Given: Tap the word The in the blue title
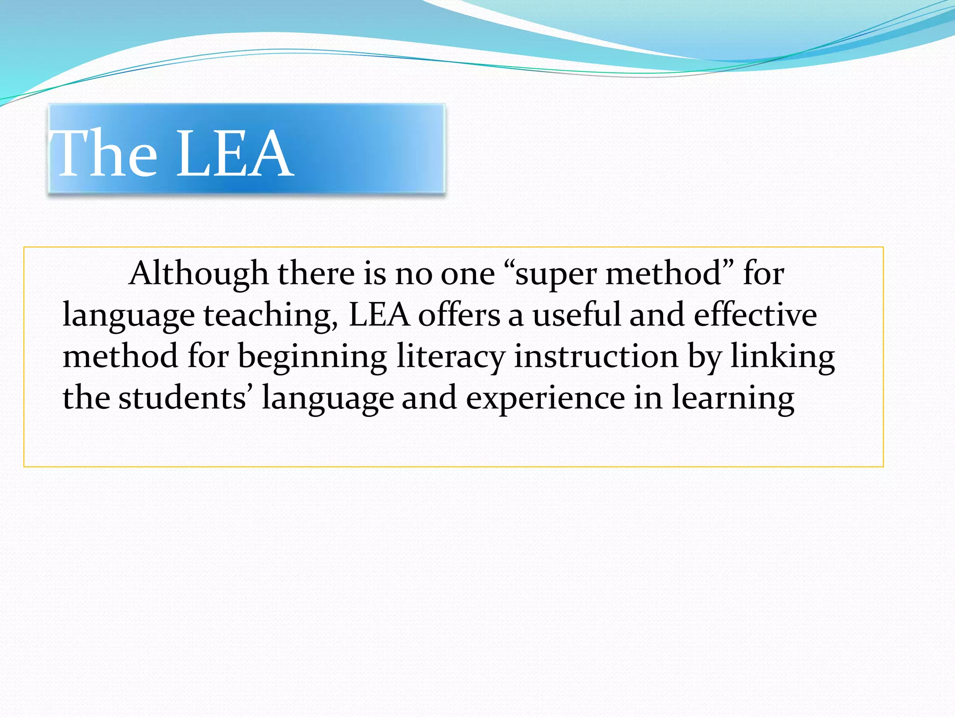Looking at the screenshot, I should (x=105, y=154).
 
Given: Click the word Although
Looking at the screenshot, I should (x=199, y=274).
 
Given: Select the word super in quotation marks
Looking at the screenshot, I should (x=555, y=274).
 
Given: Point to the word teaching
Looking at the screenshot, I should (x=270, y=316).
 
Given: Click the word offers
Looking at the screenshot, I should (x=459, y=315).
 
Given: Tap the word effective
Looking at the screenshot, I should (x=755, y=315).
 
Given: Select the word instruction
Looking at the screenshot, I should (x=596, y=356).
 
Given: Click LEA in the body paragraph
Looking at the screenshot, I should (x=379, y=315).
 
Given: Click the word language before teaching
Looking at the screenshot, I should (x=129, y=316).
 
